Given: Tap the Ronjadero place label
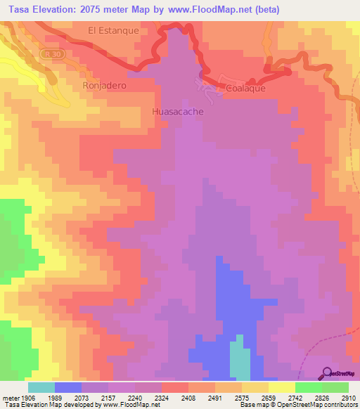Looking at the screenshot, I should [x=103, y=85].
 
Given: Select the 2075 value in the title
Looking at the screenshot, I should [x=92, y=10].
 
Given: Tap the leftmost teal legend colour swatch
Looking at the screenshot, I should [x=41, y=387].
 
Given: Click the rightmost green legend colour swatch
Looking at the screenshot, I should [x=335, y=387].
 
